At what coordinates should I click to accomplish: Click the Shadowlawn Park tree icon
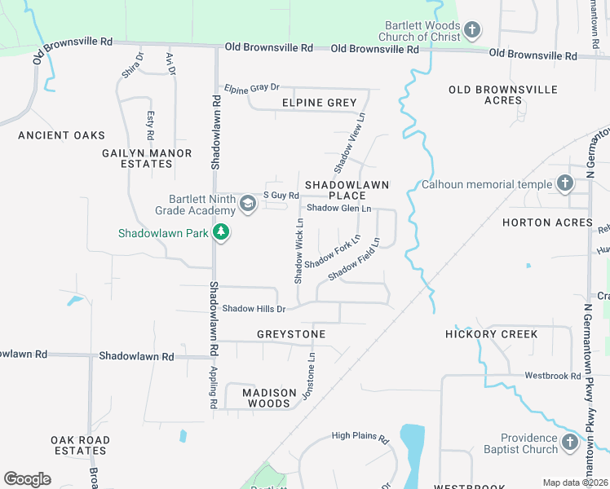click(220, 233)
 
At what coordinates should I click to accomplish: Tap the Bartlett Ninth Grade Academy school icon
click(248, 205)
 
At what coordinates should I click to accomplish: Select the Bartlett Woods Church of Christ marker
click(471, 31)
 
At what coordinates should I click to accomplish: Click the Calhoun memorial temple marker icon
click(564, 184)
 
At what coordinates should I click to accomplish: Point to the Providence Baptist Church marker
click(570, 443)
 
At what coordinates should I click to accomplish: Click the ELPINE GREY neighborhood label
click(320, 103)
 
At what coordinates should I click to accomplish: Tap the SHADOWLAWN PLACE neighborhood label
click(347, 191)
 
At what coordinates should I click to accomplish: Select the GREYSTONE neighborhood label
click(291, 334)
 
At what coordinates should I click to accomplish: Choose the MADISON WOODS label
click(268, 398)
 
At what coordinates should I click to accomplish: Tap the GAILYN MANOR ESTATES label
click(147, 158)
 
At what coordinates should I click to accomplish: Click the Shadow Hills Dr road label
click(254, 309)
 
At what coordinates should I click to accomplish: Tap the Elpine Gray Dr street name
click(252, 87)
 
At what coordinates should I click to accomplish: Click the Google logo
click(27, 479)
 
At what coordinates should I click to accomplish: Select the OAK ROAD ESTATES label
click(79, 445)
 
